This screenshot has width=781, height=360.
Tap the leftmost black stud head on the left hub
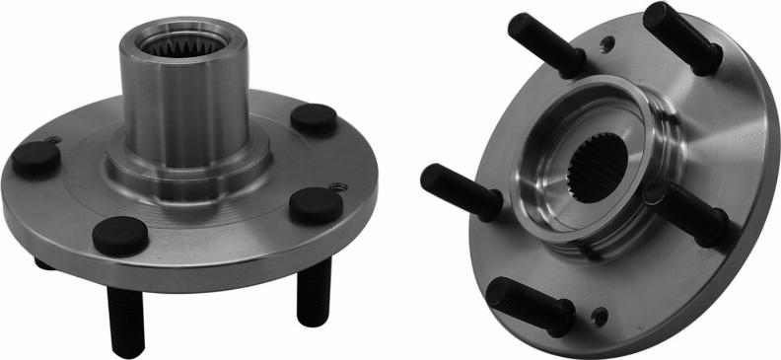[35, 158]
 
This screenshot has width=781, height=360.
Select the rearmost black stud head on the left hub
[314, 118]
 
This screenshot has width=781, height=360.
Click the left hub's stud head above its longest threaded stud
[120, 236]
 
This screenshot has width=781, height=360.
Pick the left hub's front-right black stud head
[316, 204]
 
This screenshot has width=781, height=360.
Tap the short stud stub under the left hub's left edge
[44, 263]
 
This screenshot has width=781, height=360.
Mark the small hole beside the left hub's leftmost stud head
[54, 139]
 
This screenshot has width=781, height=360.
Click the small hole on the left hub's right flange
[338, 185]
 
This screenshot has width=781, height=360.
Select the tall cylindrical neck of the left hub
[173, 108]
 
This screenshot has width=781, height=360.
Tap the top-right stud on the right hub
[681, 36]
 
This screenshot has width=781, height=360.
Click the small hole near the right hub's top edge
[607, 42]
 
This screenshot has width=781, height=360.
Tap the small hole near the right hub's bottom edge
[600, 316]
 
